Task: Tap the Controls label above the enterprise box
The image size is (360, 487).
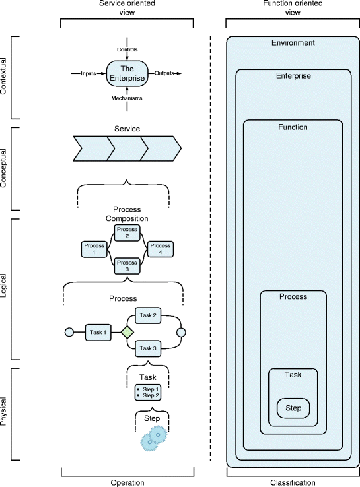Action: (x=127, y=49)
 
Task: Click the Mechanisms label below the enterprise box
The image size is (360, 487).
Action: (x=126, y=98)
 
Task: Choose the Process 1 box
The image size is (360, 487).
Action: (x=94, y=249)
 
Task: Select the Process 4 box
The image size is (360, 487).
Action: (x=159, y=249)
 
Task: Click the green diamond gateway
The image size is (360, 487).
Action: (x=127, y=332)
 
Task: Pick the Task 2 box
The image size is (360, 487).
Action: (x=149, y=316)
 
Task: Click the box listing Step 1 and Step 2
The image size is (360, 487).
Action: (x=147, y=393)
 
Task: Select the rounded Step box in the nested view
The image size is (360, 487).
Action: (x=293, y=408)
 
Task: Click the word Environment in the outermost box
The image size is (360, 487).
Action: (x=293, y=43)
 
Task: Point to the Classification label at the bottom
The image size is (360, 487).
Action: (x=293, y=483)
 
